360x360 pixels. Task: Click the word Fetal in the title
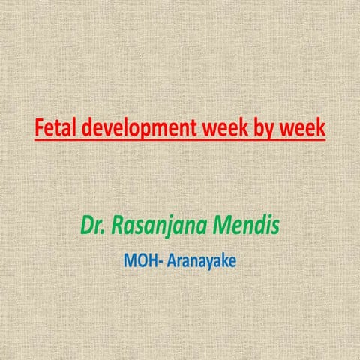[53, 128]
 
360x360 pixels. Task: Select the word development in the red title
[131, 128]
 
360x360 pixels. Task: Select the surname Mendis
[241, 223]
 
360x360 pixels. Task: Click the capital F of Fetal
[39, 128]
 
